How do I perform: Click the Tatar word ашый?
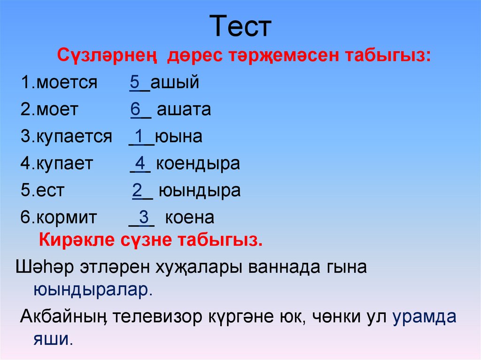(175, 83)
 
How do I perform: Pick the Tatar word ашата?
(184, 110)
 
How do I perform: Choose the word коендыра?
(198, 164)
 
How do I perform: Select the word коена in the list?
(190, 218)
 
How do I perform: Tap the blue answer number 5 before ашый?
(135, 82)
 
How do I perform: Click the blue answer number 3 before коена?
(144, 217)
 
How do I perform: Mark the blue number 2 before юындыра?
(137, 190)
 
